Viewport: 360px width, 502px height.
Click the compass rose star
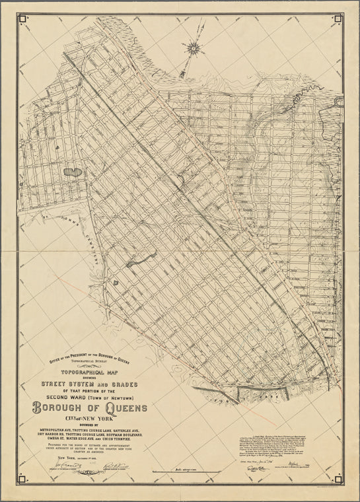[194, 47]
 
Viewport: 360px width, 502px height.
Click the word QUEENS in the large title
[119, 408]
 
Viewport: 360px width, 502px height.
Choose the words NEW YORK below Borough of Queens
[98, 420]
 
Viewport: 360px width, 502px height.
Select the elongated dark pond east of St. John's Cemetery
[142, 260]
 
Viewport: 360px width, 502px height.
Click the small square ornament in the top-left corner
[23, 18]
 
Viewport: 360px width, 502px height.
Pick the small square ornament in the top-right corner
[338, 18]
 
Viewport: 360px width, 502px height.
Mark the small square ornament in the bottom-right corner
[338, 484]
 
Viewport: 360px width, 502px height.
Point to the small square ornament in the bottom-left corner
[23, 484]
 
